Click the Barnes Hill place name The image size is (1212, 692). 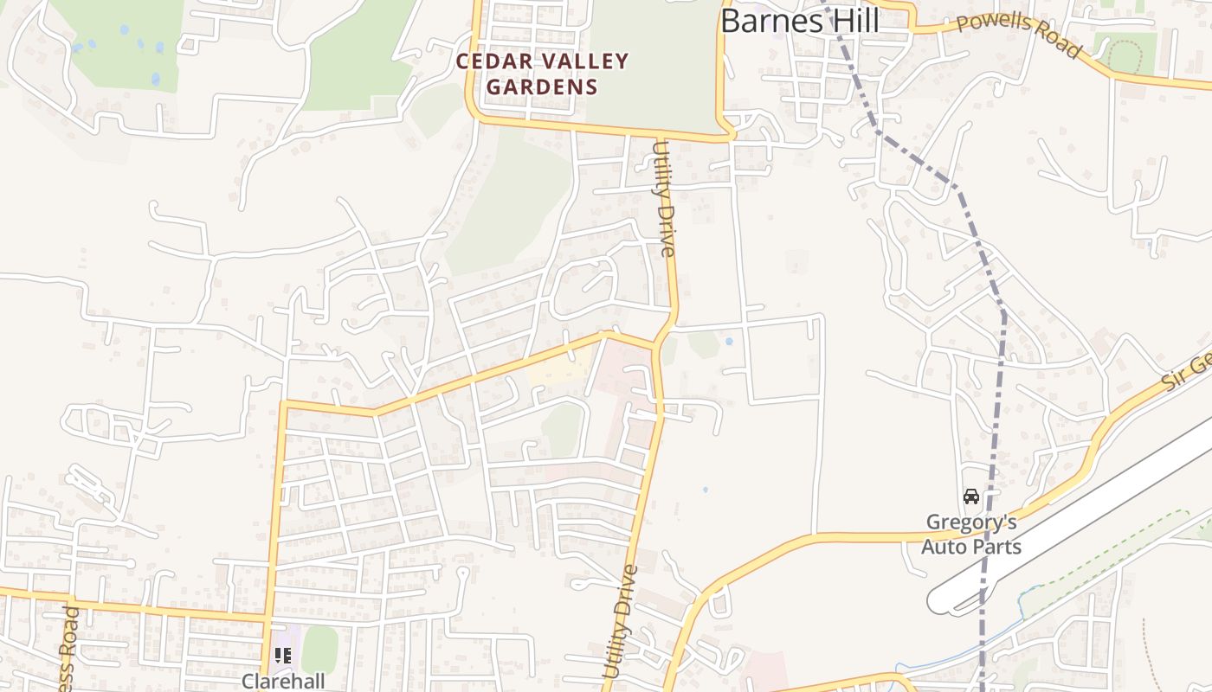pyautogui.click(x=799, y=21)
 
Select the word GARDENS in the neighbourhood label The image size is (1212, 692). pyautogui.click(x=542, y=86)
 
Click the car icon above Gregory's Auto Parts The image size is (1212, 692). pyautogui.click(x=971, y=497)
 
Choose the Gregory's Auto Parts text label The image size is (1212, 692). pyautogui.click(x=970, y=535)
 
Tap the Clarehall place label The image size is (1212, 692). pyautogui.click(x=283, y=681)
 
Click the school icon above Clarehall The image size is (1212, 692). pyautogui.click(x=283, y=656)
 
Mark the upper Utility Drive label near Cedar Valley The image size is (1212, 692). pyautogui.click(x=663, y=200)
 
